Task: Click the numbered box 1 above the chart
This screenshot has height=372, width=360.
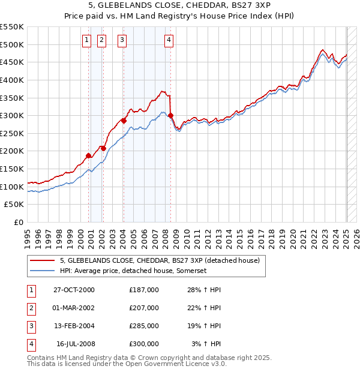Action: tap(86, 40)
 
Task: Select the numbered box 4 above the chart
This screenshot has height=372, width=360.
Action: tap(169, 40)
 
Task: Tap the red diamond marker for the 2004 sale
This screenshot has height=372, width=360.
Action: tap(124, 121)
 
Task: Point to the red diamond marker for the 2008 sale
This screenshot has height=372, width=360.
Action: tap(171, 115)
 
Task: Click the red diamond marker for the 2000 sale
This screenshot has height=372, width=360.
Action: tap(89, 155)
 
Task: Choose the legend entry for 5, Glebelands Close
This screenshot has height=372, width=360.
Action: tap(160, 261)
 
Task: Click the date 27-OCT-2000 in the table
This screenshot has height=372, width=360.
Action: tap(74, 290)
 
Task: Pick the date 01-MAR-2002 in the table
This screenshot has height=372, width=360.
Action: tap(74, 308)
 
